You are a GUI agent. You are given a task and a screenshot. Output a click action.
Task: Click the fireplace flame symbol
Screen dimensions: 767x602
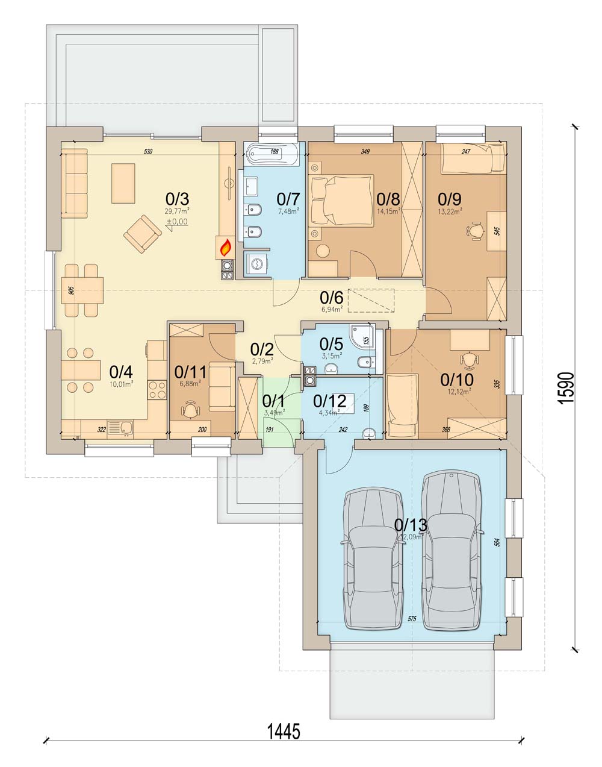226,246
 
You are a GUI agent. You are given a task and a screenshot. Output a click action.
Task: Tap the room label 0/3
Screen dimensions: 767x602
177,198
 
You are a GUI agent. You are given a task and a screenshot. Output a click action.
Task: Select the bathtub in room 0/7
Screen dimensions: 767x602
273,155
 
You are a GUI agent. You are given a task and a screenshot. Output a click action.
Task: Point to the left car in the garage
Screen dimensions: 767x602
373,559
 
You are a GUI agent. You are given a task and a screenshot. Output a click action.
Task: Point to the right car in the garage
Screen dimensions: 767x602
451,549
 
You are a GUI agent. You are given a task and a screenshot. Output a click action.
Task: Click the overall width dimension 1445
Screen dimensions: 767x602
283,731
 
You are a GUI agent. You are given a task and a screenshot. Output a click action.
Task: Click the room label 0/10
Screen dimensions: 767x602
457,380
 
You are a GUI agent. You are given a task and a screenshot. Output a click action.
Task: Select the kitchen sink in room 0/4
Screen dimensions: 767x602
126,428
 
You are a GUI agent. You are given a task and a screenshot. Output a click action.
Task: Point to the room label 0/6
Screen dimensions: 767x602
331,297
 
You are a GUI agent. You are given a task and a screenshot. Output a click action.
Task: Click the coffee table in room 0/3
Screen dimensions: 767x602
123,184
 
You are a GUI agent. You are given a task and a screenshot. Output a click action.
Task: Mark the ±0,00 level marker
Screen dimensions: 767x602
177,222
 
